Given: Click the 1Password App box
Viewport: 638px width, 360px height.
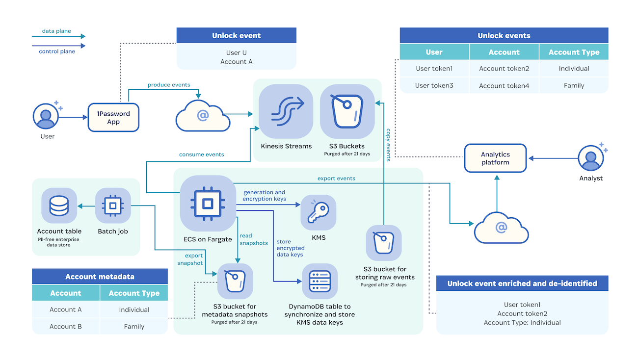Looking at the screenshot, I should click(x=113, y=118).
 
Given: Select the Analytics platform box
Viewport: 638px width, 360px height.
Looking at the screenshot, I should click(x=495, y=158).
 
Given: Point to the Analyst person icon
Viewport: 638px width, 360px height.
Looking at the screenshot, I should click(x=591, y=158).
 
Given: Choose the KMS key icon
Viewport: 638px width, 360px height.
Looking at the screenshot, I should click(x=318, y=212).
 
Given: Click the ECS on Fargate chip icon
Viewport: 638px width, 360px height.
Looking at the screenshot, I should click(x=207, y=204).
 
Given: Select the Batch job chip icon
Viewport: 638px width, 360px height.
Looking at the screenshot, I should click(x=113, y=206).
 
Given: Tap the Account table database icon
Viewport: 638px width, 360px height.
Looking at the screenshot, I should click(x=59, y=206).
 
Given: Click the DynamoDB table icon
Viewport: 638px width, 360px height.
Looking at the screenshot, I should click(x=319, y=281).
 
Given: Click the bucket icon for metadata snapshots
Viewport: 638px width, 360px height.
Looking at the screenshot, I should click(x=235, y=281).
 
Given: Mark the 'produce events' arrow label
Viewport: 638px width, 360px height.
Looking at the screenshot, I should click(x=169, y=85).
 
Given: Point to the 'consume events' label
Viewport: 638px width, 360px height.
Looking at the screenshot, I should click(x=201, y=154).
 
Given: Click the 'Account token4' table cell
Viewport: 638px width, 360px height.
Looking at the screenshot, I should click(x=504, y=85).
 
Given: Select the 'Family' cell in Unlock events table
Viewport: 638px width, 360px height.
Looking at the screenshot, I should click(x=574, y=85).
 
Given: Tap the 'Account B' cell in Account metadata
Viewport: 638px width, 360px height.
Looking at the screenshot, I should click(x=66, y=326).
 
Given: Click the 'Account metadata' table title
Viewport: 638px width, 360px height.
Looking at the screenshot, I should click(x=100, y=277).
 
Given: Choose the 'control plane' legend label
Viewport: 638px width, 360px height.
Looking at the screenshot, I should click(x=57, y=51).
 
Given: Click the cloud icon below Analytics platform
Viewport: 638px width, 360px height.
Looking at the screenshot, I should click(x=501, y=228).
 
